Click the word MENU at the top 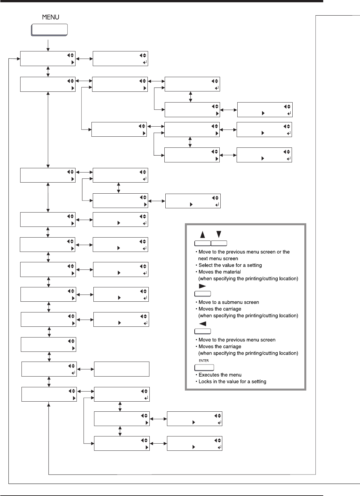(50, 17)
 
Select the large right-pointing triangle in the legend (202, 286)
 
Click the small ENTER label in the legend (204, 361)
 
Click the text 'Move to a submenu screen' (229, 302)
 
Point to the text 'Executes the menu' (220, 375)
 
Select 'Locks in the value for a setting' (232, 381)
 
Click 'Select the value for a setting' (230, 265)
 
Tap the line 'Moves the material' (220, 272)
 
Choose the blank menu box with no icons (121, 369)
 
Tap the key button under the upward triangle (202, 243)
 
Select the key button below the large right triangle (202, 294)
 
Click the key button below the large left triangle (202, 332)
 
